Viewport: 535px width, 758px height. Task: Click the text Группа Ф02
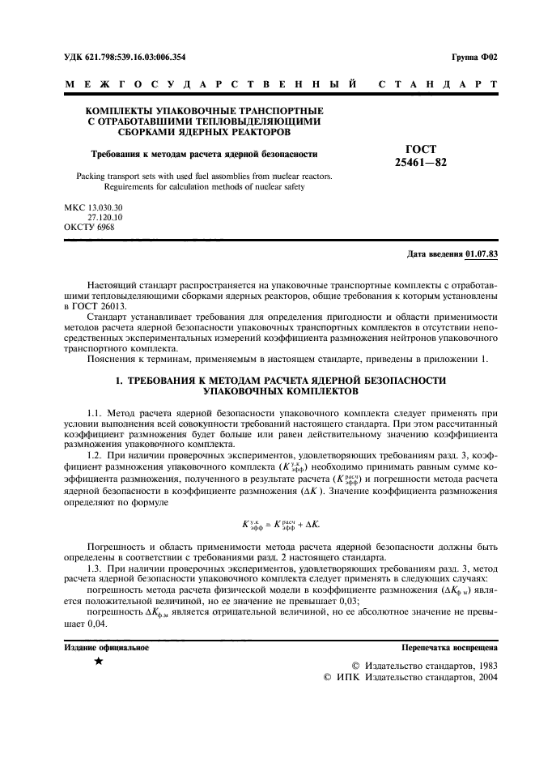(473, 57)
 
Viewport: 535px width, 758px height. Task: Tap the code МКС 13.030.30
(100, 208)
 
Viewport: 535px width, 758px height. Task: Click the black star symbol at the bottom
(98, 662)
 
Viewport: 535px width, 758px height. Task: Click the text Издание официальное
(106, 647)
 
